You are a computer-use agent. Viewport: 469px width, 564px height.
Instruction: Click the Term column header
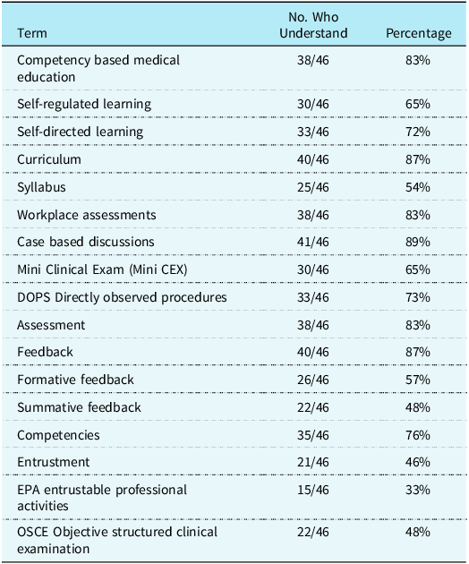[32, 33]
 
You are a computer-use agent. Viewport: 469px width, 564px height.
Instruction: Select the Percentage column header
[418, 33]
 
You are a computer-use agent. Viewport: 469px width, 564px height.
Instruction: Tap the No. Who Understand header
[313, 25]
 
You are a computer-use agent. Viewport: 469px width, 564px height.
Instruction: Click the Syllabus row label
[41, 187]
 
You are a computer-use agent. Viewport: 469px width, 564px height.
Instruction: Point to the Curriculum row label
[49, 159]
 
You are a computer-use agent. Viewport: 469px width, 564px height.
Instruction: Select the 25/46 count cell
[313, 187]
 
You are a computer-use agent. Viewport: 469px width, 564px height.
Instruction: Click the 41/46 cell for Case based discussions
[313, 242]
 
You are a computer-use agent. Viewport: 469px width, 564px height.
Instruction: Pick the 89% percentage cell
[418, 242]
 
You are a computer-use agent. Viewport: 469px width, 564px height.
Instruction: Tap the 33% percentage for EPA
[418, 490]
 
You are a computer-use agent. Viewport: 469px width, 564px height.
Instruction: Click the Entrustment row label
[53, 462]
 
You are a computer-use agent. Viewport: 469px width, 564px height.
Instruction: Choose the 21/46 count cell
[313, 462]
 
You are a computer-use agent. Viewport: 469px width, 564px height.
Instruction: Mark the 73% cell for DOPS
[418, 297]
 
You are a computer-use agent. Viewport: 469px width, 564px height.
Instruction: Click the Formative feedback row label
[75, 380]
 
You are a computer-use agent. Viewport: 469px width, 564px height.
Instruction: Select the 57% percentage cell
[418, 380]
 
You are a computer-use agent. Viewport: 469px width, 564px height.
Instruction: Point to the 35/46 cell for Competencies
[313, 435]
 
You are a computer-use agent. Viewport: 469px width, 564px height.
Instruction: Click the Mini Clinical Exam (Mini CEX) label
[102, 269]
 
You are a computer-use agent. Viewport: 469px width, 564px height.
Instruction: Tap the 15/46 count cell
[313, 490]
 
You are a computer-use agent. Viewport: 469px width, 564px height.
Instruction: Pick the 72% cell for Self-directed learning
[418, 132]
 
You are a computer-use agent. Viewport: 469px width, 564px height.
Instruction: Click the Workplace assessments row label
[87, 215]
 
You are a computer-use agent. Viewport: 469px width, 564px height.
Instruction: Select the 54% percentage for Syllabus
[418, 187]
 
